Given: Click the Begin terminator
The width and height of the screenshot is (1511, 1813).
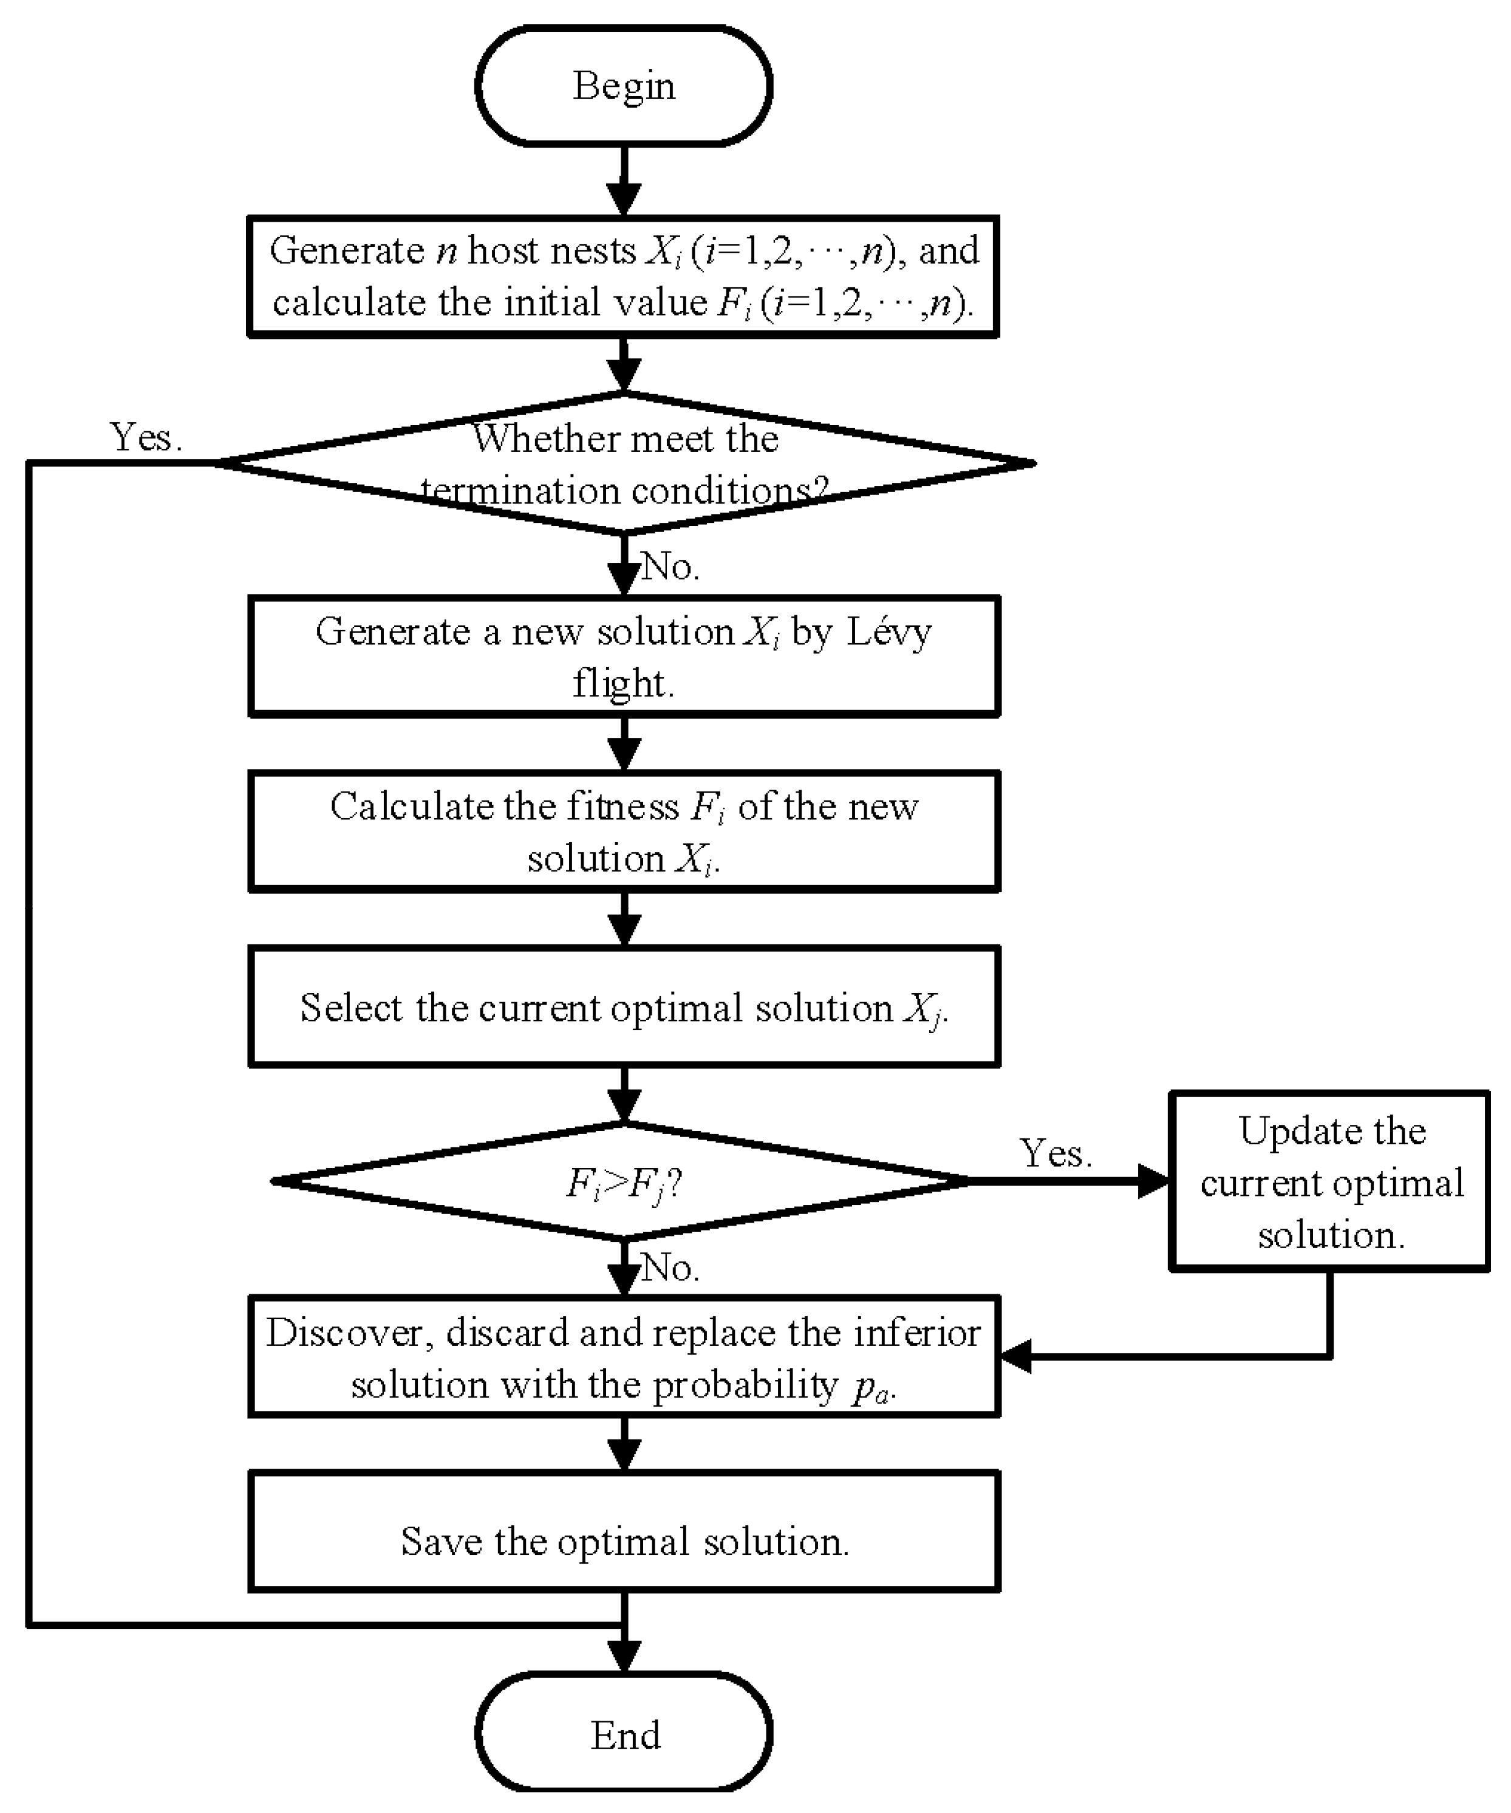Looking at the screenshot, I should [623, 86].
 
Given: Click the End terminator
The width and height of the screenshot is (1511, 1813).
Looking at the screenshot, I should [623, 1735].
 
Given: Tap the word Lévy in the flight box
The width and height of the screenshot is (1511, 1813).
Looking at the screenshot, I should [889, 632].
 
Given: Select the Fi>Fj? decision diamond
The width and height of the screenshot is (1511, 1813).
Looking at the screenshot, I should [623, 1182].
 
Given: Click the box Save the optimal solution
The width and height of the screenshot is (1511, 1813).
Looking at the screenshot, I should [623, 1541].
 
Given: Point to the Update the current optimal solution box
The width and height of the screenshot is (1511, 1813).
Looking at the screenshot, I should [1329, 1182].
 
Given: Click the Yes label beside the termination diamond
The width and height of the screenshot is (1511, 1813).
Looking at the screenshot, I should [145, 438].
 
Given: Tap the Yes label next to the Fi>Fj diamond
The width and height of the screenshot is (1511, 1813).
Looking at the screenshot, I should [1055, 1153].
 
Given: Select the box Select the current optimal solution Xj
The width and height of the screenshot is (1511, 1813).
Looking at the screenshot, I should [623, 1008].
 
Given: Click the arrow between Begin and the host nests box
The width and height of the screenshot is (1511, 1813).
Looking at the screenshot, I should [623, 181].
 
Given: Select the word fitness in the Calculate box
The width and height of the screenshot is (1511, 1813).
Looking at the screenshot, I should [622, 807].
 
